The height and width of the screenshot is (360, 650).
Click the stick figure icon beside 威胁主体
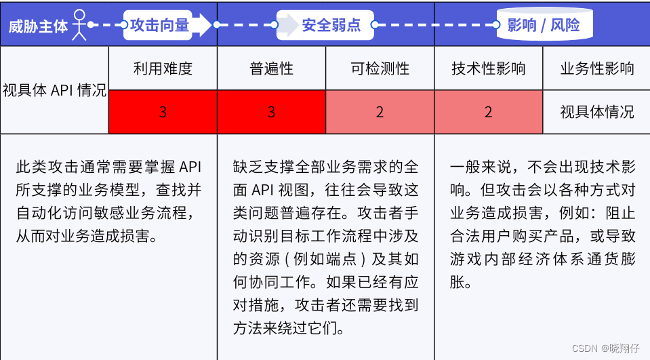(79, 25)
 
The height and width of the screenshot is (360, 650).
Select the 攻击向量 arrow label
(159, 25)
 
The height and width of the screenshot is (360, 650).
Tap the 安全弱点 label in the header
(331, 25)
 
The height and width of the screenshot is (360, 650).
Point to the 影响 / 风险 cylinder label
(544, 25)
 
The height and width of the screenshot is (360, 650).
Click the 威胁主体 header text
(38, 26)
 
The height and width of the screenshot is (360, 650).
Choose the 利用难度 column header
(163, 68)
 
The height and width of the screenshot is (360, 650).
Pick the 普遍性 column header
(272, 68)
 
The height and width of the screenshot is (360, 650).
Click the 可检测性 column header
(380, 68)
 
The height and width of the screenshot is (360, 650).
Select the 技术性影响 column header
(489, 68)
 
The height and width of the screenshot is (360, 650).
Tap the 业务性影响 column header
(597, 68)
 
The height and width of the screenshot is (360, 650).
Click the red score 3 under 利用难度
(163, 112)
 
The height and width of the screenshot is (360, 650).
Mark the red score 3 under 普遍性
(272, 112)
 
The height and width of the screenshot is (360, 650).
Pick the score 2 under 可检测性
(380, 112)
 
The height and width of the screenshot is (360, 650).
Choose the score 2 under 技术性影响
(489, 112)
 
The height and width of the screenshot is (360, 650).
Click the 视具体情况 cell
(597, 112)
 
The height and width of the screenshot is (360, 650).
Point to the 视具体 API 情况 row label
(55, 90)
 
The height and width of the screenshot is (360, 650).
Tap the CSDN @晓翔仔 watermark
(606, 348)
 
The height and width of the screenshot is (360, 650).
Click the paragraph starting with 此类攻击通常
(108, 201)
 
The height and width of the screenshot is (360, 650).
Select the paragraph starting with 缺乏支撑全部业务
(326, 247)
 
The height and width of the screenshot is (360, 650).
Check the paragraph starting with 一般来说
(543, 224)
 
